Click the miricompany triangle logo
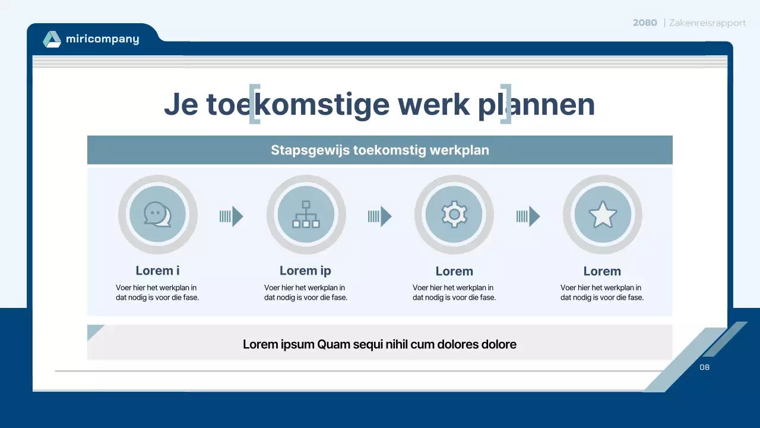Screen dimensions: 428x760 pos(52,39)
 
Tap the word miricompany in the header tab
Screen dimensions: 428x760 pos(102,39)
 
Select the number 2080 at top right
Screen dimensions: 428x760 pos(645,23)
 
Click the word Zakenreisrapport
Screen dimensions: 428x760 pos(707,23)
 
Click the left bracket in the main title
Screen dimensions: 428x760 pos(254,104)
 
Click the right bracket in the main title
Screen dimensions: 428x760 pos(506,104)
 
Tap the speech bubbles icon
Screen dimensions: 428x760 pos(157,215)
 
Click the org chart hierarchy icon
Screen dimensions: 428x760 pos(306,215)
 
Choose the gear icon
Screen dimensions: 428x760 pos(454,215)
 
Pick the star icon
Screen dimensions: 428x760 pos(603,215)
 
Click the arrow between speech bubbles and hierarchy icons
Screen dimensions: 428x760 pos(232,216)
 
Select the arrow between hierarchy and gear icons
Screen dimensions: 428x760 pos(380,216)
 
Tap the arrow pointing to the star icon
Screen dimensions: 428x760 pos(528,216)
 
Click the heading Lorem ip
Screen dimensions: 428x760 pos(305,270)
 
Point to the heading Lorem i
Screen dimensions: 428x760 pos(157,270)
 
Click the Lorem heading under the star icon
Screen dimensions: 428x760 pos(602,271)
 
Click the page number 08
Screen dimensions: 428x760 pos(705,367)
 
